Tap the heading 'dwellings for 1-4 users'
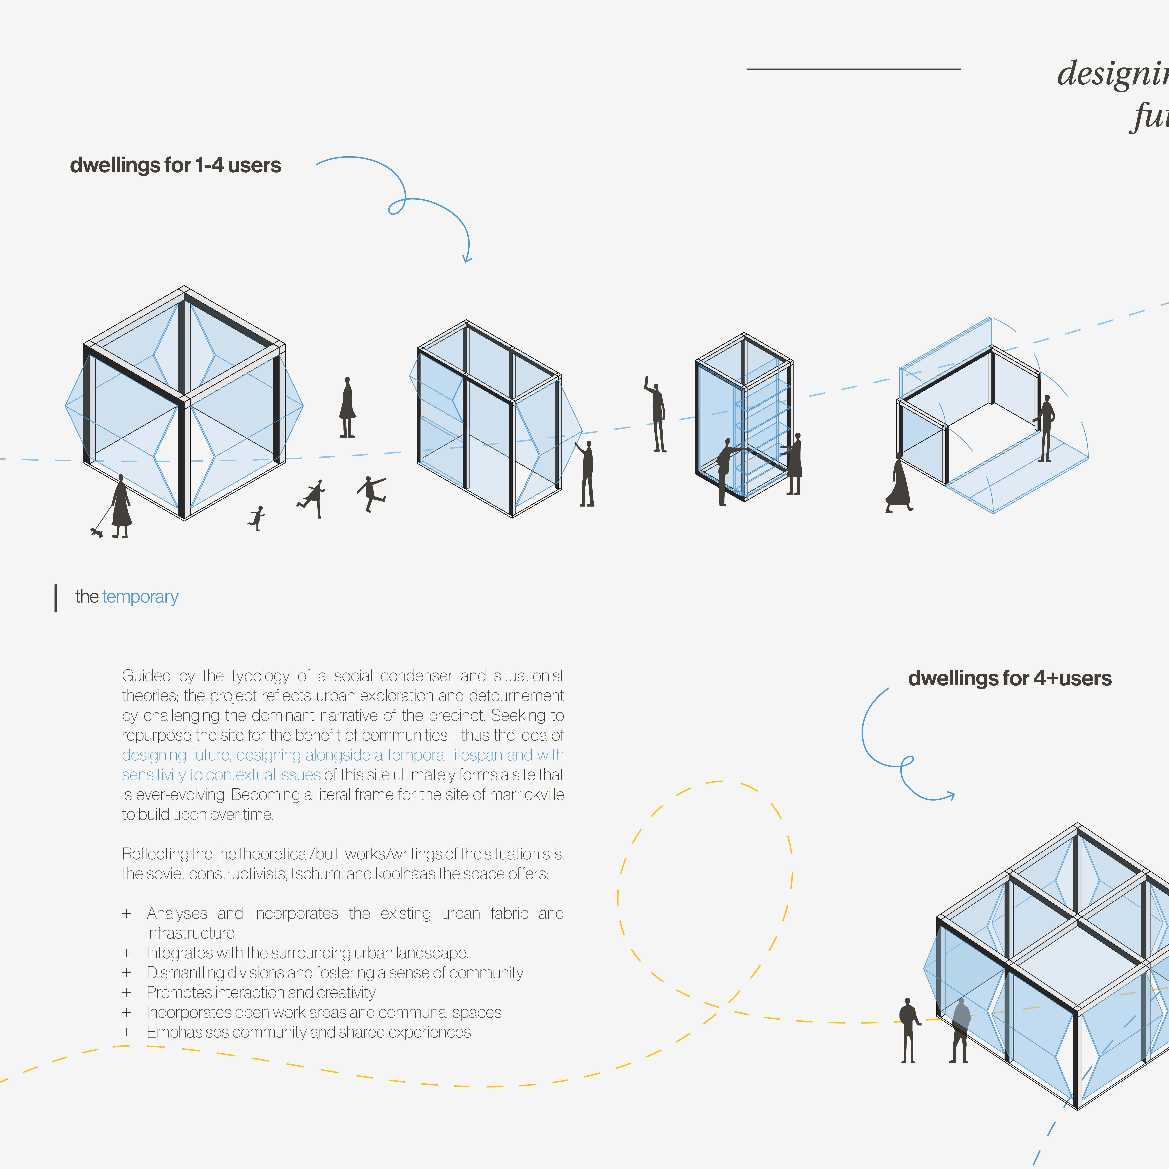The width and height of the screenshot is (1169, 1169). click(x=176, y=165)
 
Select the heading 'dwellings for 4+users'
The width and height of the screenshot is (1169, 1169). click(x=1009, y=678)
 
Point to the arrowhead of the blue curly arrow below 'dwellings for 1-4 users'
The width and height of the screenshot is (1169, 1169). click(x=467, y=259)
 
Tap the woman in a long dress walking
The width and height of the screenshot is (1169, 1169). click(x=898, y=484)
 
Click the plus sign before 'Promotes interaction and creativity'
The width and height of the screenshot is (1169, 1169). click(x=127, y=992)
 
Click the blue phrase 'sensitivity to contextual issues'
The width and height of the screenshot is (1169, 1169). click(x=221, y=775)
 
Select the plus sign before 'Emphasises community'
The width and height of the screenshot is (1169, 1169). click(x=127, y=1032)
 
